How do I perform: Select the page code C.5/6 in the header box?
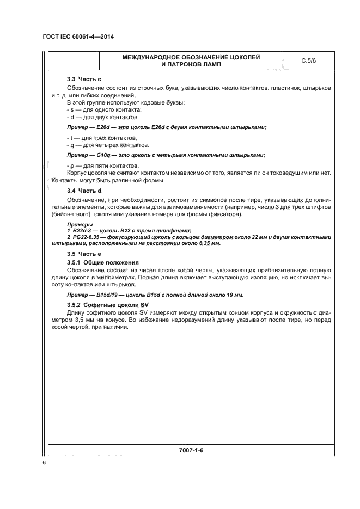pos(312,60)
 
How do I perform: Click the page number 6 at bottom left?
pos(44,463)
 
